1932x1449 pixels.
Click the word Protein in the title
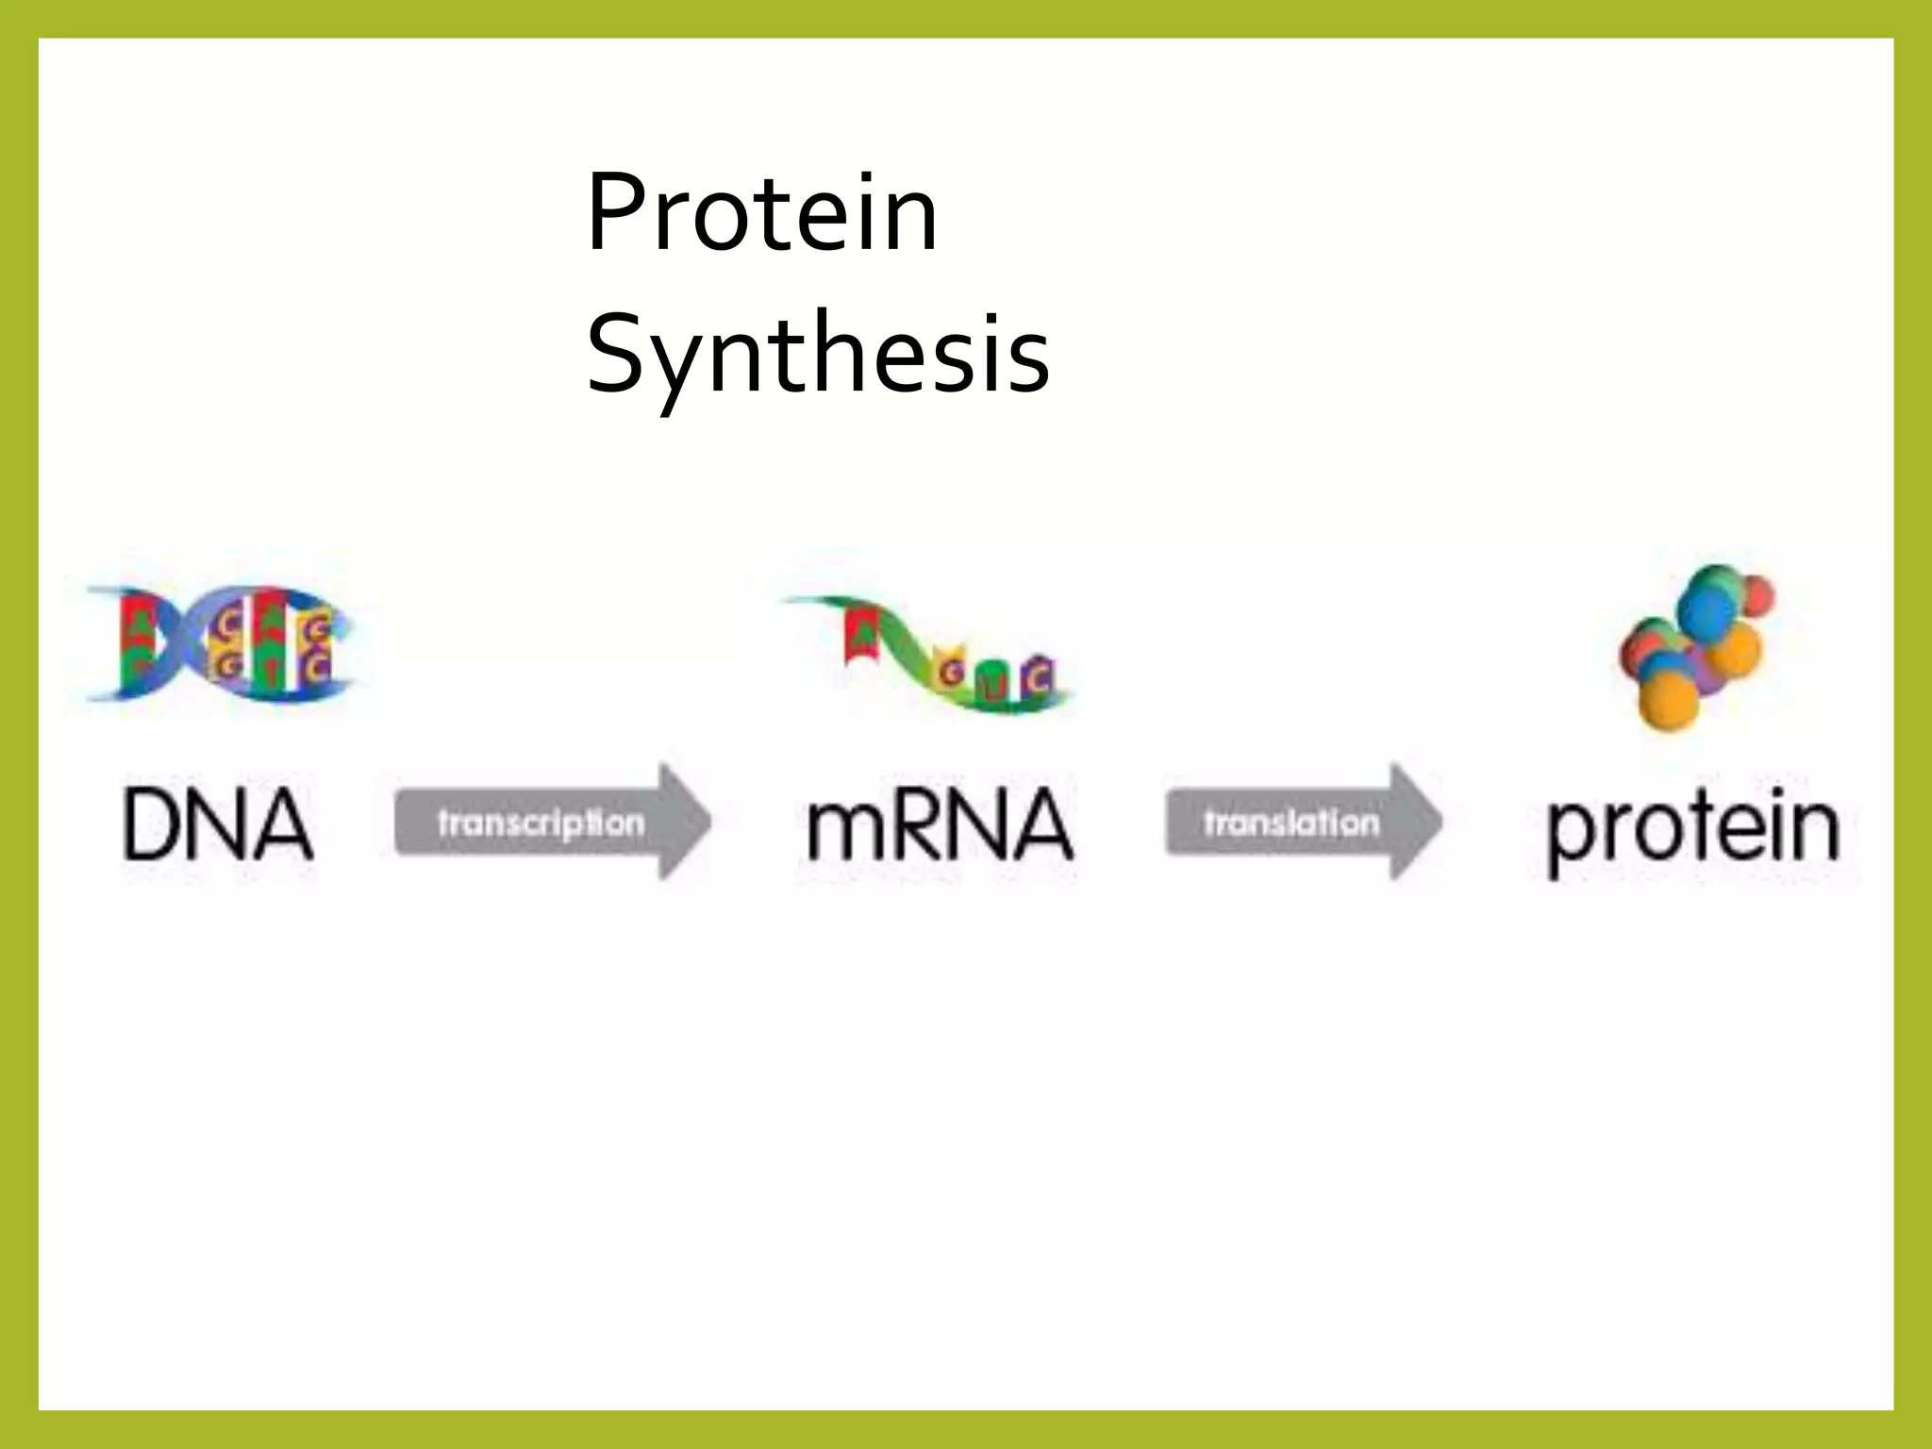pyautogui.click(x=760, y=215)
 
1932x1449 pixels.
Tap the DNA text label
pyautogui.click(x=217, y=825)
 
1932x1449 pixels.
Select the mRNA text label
pyautogui.click(x=940, y=827)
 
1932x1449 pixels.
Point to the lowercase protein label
pyautogui.click(x=1693, y=830)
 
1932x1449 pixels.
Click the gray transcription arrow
pyautogui.click(x=551, y=823)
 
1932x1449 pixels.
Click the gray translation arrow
pyautogui.click(x=1302, y=823)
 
